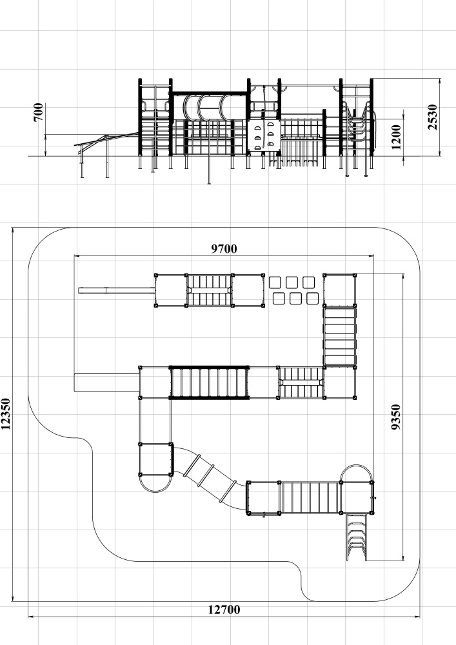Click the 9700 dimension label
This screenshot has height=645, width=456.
click(x=224, y=249)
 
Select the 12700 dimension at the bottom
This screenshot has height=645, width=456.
click(x=224, y=610)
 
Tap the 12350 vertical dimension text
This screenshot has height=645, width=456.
click(x=6, y=414)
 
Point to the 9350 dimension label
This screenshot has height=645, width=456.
click(x=395, y=417)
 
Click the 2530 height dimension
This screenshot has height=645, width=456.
click(x=433, y=117)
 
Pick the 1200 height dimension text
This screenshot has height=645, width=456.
click(x=397, y=137)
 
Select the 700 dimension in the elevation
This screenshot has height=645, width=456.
click(x=38, y=112)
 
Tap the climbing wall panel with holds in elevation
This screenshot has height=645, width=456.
click(x=264, y=135)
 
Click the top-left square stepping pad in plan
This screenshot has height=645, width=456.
click(x=275, y=283)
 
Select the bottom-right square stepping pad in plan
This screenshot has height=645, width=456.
click(x=313, y=298)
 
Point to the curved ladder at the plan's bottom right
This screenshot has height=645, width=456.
click(x=357, y=537)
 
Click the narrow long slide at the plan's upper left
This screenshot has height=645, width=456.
click(x=117, y=290)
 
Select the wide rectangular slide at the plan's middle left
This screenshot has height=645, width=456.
click(x=106, y=382)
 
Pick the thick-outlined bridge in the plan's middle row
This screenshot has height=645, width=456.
click(x=210, y=382)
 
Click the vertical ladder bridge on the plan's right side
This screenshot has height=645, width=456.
click(x=340, y=336)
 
